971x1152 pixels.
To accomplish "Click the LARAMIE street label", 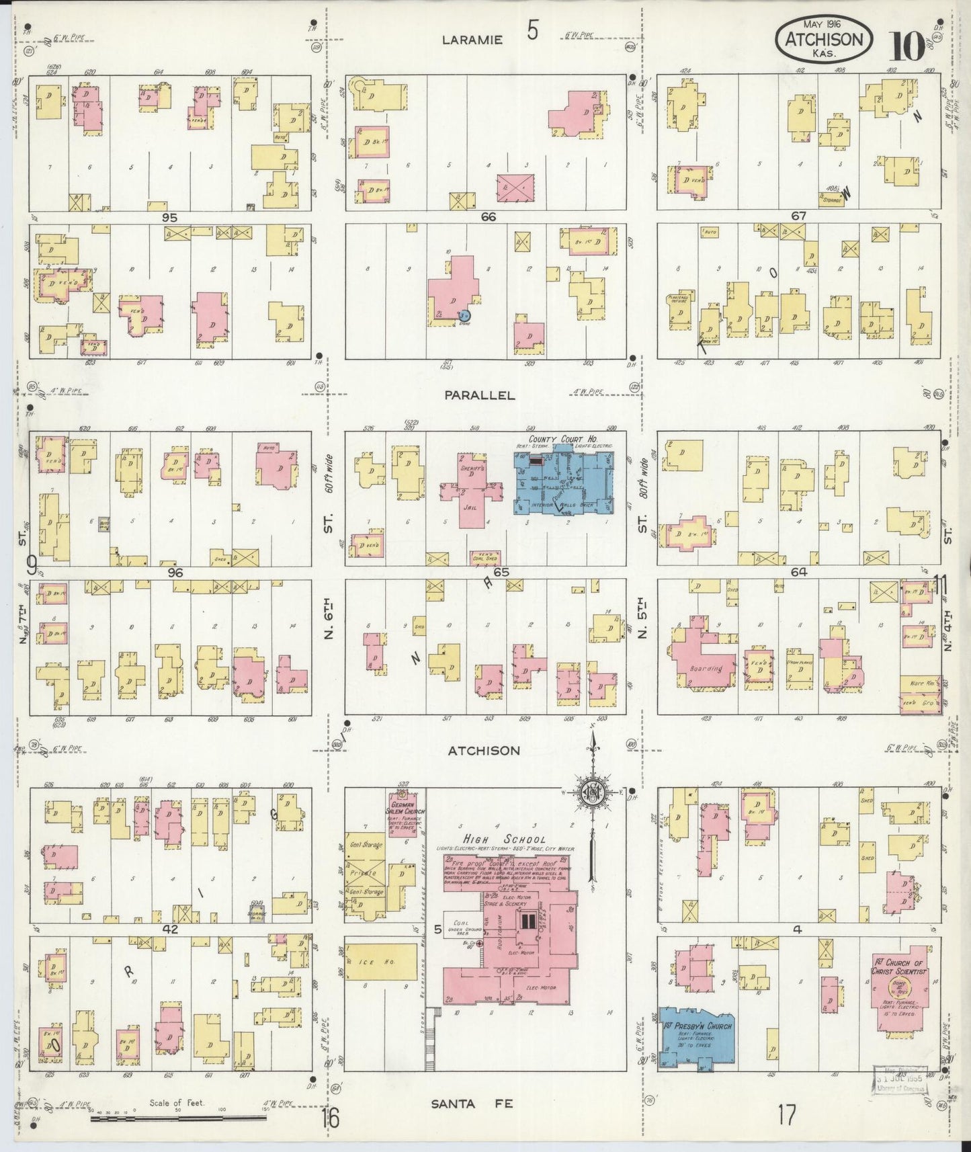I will tap(472, 40).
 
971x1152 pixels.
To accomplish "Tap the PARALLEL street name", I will tap(480, 395).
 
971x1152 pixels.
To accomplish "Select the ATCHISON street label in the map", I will tap(484, 750).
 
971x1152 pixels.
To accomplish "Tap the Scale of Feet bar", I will tap(178, 1119).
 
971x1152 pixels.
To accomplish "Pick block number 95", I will tap(169, 217).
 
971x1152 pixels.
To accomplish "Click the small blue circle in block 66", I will tap(464, 315).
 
